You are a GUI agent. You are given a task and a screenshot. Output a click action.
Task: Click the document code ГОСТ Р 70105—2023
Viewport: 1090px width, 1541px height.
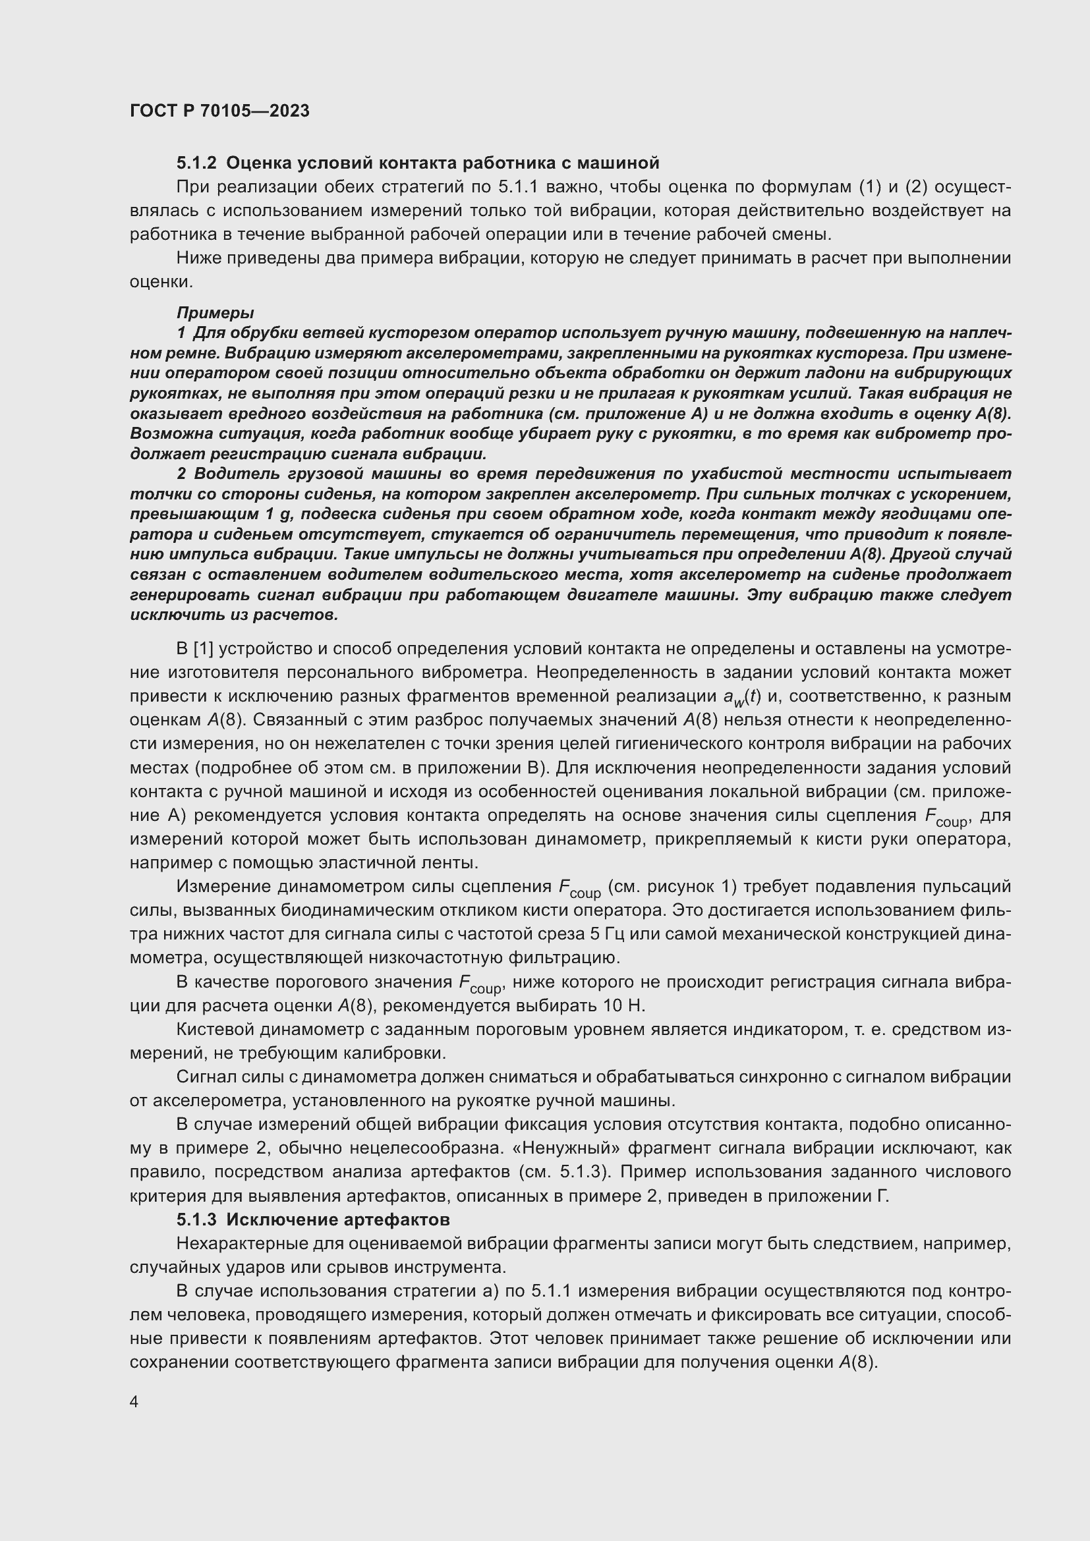[219, 111]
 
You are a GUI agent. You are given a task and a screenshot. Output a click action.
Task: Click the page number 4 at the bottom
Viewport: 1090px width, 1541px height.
[134, 1403]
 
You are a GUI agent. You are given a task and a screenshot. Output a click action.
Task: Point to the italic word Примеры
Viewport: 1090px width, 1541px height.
[215, 313]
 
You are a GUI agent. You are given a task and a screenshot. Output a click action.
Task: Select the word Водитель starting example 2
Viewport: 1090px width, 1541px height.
[228, 474]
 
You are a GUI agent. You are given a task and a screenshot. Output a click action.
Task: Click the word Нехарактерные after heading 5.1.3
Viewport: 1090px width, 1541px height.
[242, 1244]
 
